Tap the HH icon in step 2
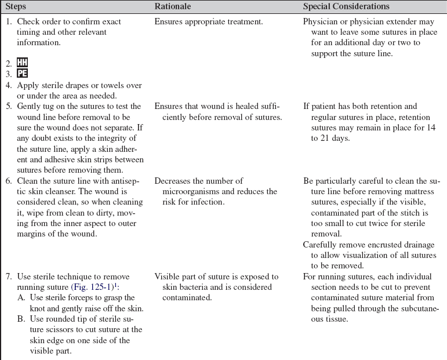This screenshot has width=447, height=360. pyautogui.click(x=22, y=63)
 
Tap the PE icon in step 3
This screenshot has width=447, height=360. pyautogui.click(x=22, y=74)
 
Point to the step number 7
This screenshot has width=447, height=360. pyautogui.click(x=9, y=277)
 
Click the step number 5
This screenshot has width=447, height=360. pyautogui.click(x=9, y=107)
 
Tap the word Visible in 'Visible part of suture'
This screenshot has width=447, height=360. pyautogui.click(x=168, y=277)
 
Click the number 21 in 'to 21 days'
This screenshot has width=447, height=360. pyautogui.click(x=319, y=139)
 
